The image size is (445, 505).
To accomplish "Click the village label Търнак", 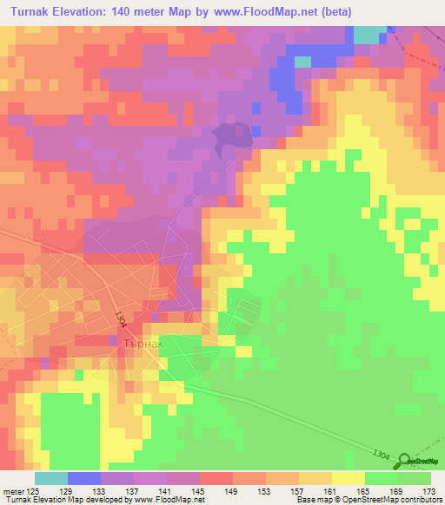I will coord(140,343).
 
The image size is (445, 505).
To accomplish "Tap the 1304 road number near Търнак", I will coord(120,320).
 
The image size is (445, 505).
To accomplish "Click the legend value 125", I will coord(34,490).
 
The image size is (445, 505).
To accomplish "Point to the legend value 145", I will coord(199,490).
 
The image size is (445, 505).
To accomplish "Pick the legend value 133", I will coord(100,490).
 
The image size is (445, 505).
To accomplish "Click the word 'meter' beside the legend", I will coord(12,490).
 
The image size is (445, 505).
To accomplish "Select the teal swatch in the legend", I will coord(50,478).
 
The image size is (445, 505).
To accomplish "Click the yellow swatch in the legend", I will coord(348,478).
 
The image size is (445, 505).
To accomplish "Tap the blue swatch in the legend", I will coord(83,478).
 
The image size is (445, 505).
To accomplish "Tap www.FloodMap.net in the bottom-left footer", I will coord(166,500).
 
